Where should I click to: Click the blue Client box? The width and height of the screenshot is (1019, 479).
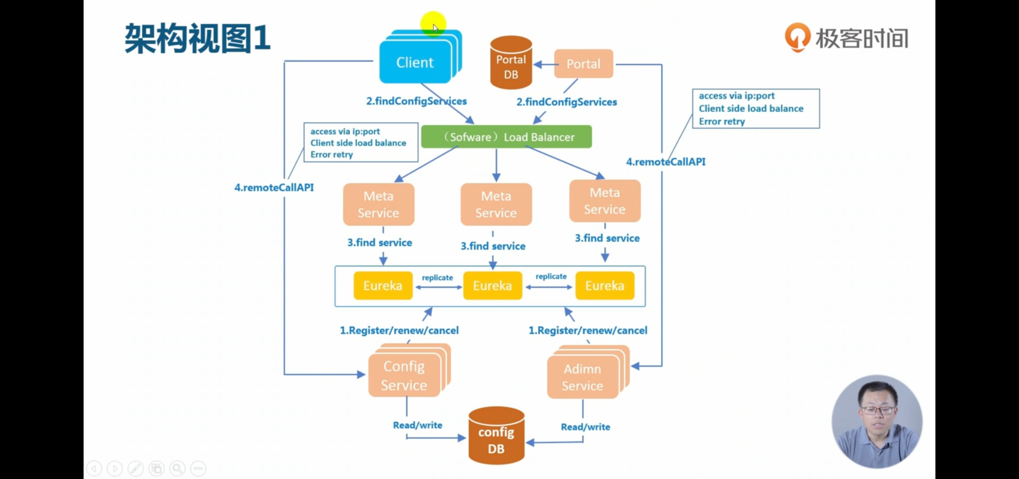[415, 62]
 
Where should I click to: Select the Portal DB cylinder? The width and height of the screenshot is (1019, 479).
[511, 62]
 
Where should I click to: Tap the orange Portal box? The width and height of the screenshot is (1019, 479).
[584, 64]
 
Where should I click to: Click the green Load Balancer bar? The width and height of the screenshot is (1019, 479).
[506, 137]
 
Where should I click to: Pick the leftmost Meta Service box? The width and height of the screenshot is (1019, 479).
[379, 204]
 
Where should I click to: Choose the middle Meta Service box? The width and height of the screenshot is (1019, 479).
[496, 204]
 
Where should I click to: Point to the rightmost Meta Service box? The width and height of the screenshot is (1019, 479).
[605, 201]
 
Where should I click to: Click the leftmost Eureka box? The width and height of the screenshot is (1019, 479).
[383, 286]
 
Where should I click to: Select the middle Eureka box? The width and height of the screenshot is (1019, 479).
[492, 286]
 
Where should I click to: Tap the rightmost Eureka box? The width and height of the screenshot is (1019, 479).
[605, 286]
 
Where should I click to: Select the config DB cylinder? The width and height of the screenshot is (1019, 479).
[496, 436]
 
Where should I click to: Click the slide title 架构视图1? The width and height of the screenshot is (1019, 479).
[198, 38]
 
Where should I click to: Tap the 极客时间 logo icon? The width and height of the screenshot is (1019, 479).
[798, 37]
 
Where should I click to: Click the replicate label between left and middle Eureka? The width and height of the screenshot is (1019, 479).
[438, 278]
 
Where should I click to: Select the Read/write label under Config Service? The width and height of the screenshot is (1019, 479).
[418, 425]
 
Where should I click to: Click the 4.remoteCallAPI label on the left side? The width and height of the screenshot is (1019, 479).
[274, 187]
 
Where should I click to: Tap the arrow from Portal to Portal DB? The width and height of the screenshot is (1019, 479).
[544, 64]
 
